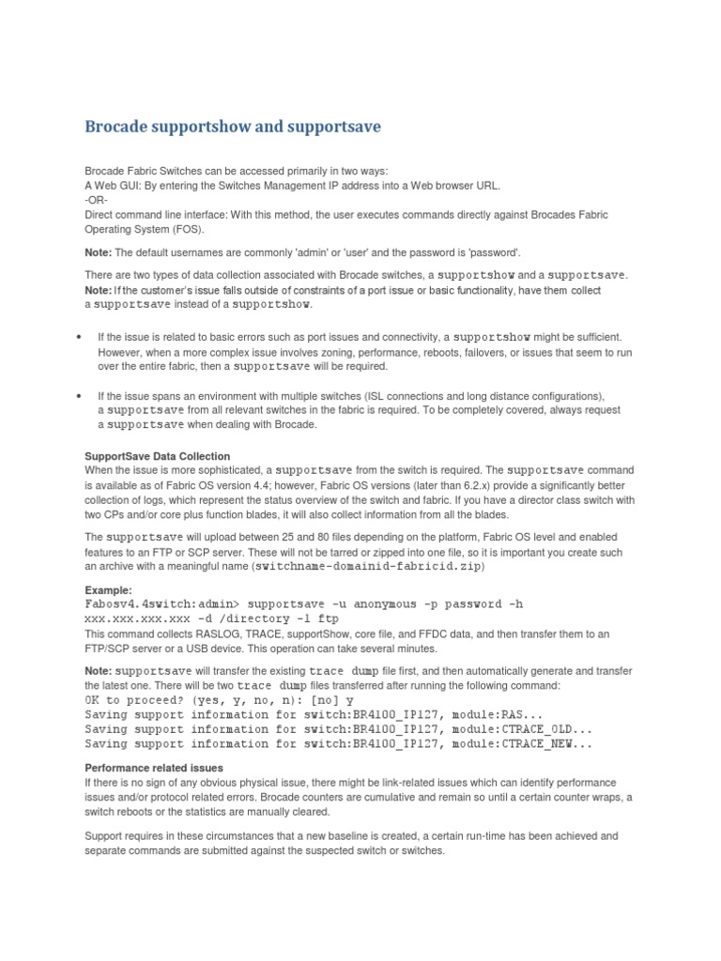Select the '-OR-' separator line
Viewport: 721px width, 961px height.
point(98,200)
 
